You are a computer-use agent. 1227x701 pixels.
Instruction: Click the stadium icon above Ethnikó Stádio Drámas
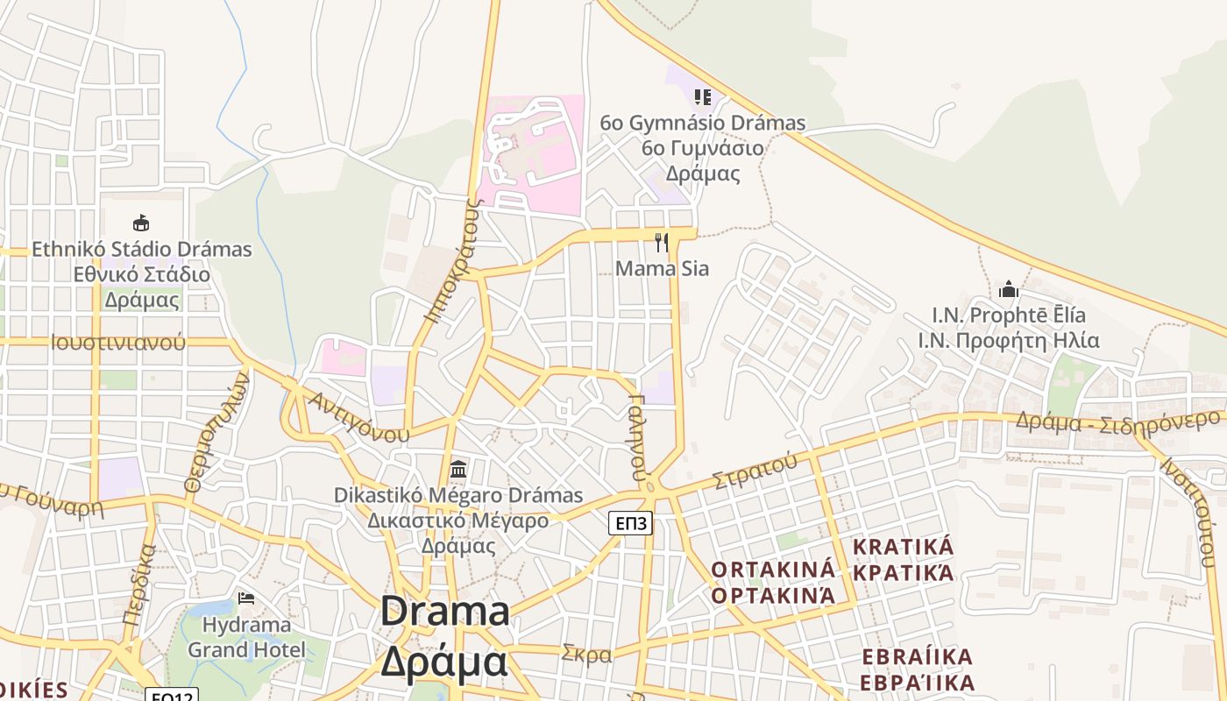pyautogui.click(x=140, y=223)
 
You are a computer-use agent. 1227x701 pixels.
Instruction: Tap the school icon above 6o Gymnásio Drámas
pyautogui.click(x=702, y=96)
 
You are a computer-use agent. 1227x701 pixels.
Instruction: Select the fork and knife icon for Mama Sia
pyautogui.click(x=662, y=242)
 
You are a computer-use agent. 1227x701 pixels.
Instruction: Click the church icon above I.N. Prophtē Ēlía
pyautogui.click(x=1009, y=288)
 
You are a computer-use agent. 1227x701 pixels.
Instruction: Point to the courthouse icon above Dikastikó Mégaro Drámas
pyautogui.click(x=457, y=469)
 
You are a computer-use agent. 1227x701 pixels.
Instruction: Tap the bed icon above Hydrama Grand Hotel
pyautogui.click(x=246, y=598)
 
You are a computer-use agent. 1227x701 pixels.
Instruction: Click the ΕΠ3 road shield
pyautogui.click(x=631, y=524)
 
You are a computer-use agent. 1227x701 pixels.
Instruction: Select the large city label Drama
pyautogui.click(x=445, y=611)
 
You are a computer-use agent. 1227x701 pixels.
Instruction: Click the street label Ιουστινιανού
pyautogui.click(x=118, y=342)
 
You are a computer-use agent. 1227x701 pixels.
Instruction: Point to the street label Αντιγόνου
pyautogui.click(x=359, y=416)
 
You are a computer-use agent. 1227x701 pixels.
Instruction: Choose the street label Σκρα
pyautogui.click(x=586, y=654)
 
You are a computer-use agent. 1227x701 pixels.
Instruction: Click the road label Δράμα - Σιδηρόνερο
pyautogui.click(x=1117, y=420)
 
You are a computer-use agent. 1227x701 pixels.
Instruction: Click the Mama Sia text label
pyautogui.click(x=662, y=268)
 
